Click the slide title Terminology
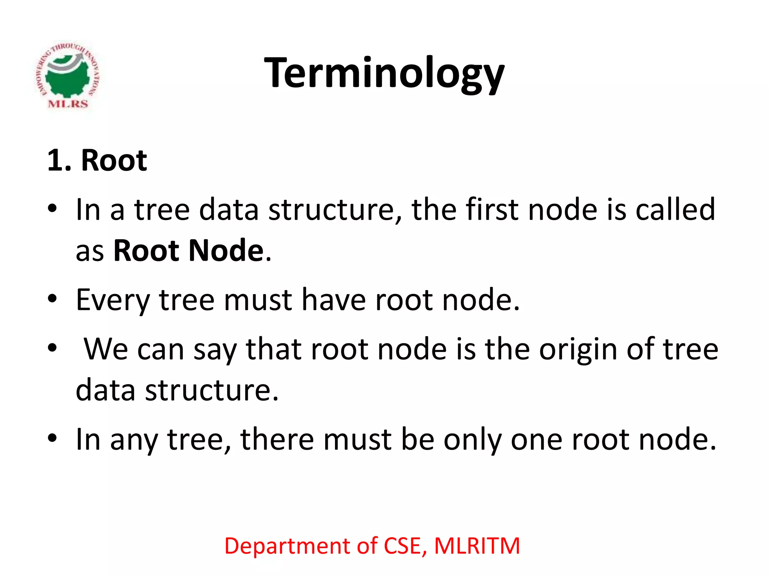tap(384, 73)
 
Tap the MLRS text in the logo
tap(68, 104)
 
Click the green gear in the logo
tap(68, 81)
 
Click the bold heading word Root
tap(114, 161)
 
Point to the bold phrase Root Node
tap(188, 251)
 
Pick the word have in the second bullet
tap(333, 300)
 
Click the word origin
tap(578, 349)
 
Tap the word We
tap(106, 349)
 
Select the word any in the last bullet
tap(134, 440)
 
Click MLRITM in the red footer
tap(477, 546)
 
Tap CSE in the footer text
tap(404, 546)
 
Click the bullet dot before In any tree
tap(52, 438)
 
